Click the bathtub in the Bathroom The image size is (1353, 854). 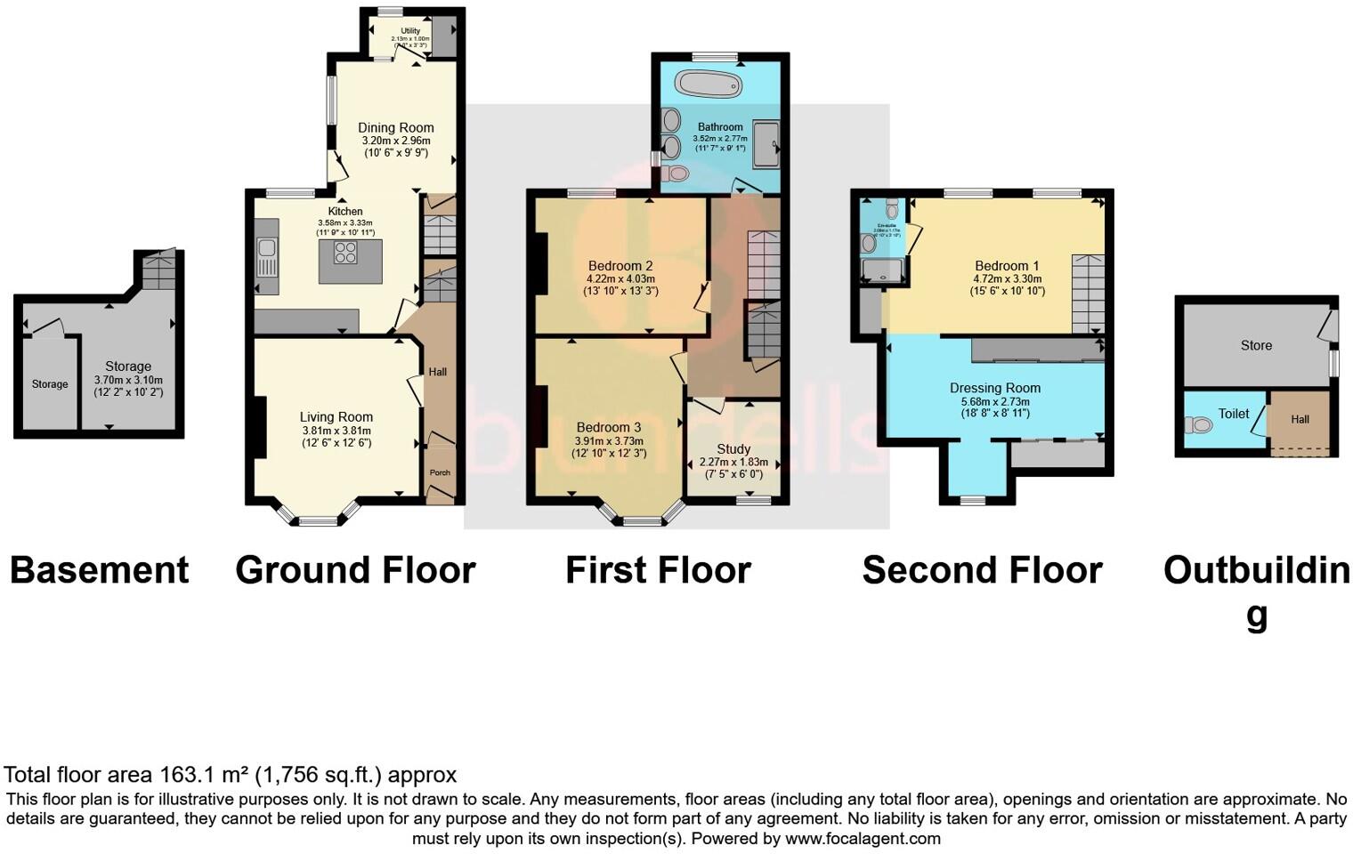click(x=708, y=85)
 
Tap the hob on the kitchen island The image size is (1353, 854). click(x=345, y=252)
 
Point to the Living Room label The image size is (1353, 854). click(x=336, y=416)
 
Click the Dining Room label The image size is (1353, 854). click(x=396, y=127)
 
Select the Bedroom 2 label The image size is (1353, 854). click(x=620, y=265)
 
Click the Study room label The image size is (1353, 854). click(x=733, y=448)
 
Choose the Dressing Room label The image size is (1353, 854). click(x=994, y=388)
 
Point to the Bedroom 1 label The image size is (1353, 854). click(x=1007, y=265)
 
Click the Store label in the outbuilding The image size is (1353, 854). click(x=1256, y=345)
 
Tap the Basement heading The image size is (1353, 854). click(x=99, y=570)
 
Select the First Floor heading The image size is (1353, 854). click(x=658, y=570)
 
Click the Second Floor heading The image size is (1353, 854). click(x=982, y=570)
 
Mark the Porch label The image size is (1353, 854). click(x=440, y=472)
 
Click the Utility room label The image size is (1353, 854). click(x=409, y=31)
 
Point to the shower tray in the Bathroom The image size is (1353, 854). click(x=766, y=144)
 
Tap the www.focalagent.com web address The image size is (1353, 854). click(x=863, y=838)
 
